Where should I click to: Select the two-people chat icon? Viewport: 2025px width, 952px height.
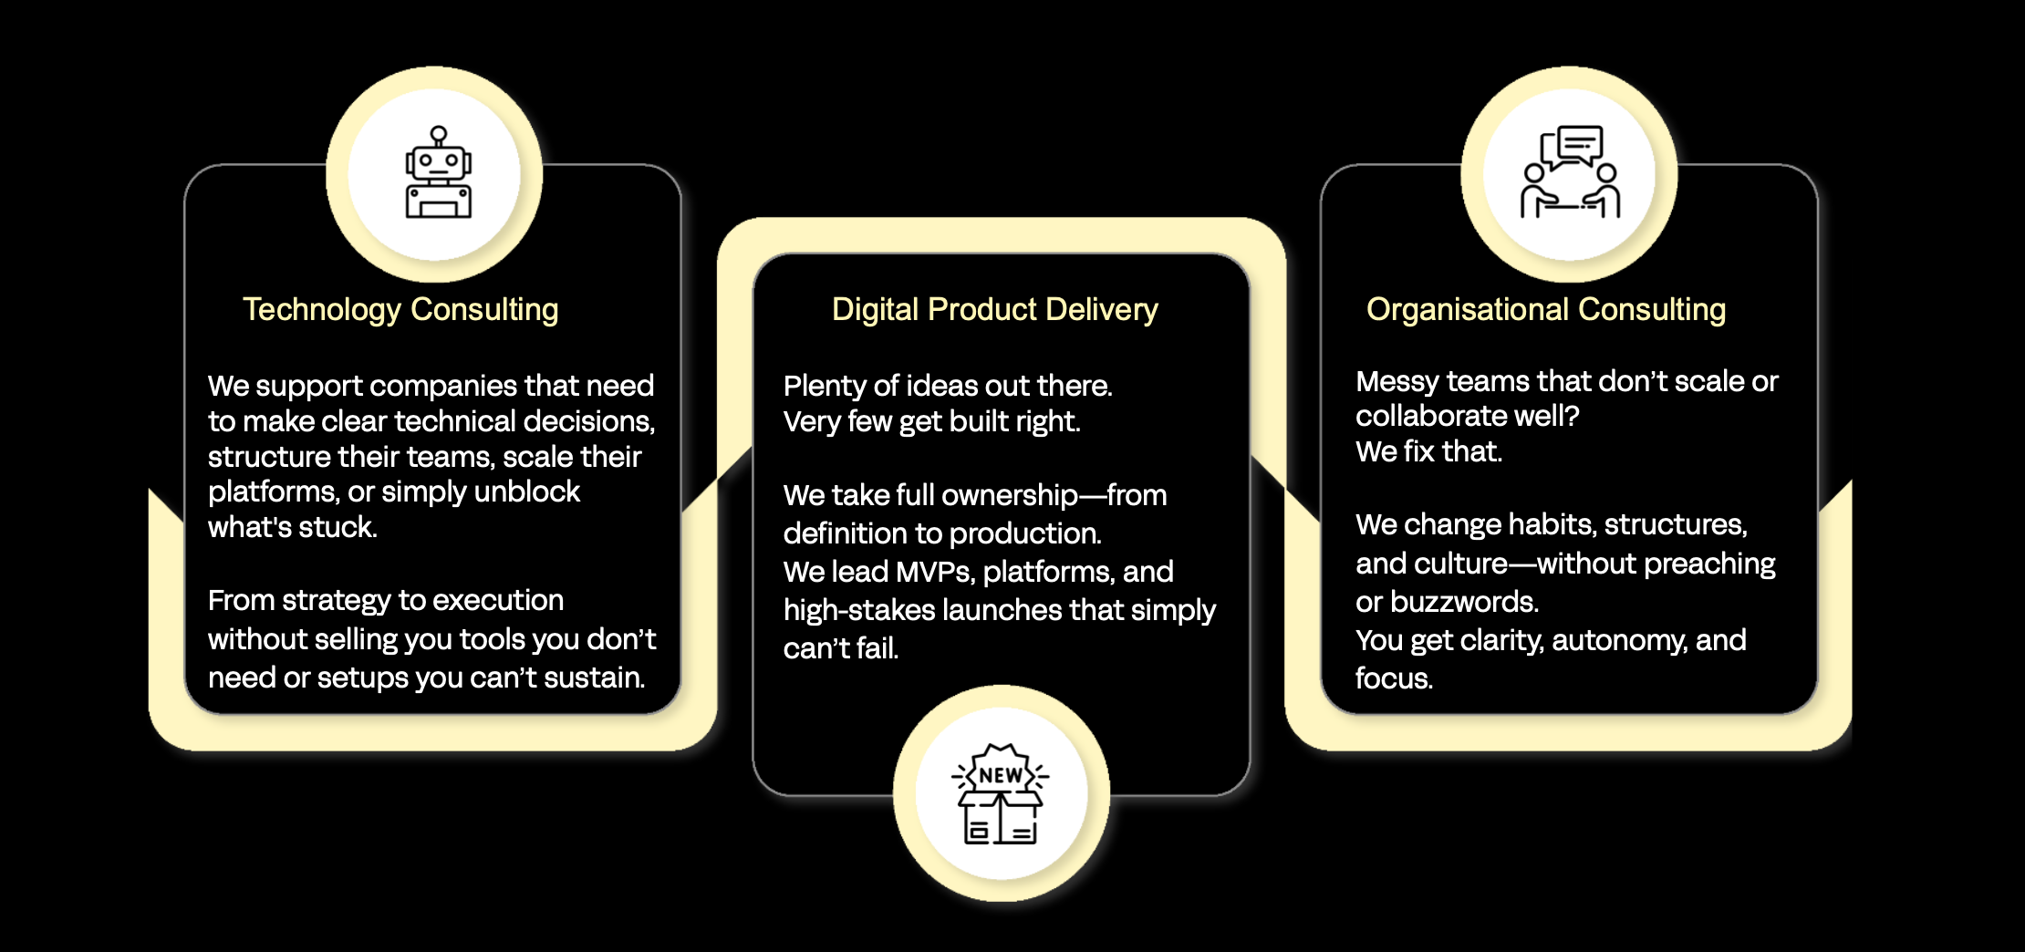1570,173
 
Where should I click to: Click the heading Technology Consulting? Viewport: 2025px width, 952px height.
400,310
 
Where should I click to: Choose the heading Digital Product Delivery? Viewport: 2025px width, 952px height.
994,310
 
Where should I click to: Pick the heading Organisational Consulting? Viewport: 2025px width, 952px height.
1545,310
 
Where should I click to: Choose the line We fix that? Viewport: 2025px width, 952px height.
1428,451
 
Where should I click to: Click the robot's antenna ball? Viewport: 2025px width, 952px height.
439,133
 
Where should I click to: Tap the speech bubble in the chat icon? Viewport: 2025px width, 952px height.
1579,144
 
